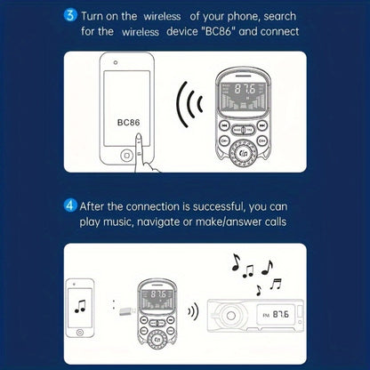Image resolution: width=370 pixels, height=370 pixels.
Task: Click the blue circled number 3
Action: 70,15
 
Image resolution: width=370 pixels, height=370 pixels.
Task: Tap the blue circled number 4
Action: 70,205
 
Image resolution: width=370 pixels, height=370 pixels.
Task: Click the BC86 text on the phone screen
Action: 128,123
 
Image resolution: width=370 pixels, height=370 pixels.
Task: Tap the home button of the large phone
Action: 127,156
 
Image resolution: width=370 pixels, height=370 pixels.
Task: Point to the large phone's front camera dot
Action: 116,62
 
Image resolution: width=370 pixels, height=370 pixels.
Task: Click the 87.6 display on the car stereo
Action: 280,314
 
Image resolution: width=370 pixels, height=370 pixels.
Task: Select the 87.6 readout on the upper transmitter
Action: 245,89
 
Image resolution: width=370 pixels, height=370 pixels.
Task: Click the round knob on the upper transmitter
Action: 243,153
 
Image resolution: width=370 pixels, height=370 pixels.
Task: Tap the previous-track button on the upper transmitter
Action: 224,126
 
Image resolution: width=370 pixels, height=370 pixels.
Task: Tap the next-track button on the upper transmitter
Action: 261,126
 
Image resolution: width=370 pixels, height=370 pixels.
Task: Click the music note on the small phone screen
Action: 80,307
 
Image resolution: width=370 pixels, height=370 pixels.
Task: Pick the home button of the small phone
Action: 80,332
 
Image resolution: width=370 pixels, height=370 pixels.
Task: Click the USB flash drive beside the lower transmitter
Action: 127,311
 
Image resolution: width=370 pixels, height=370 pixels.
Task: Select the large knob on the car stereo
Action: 230,315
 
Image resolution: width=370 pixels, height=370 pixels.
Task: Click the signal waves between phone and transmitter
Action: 189,104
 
